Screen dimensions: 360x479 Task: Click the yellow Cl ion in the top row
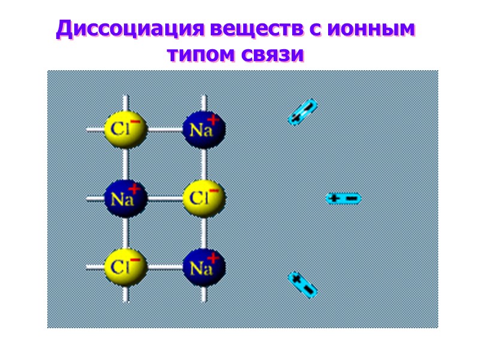pyautogui.click(x=125, y=128)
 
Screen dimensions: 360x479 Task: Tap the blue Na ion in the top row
pyautogui.click(x=204, y=128)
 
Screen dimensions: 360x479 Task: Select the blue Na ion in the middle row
pyautogui.click(x=125, y=197)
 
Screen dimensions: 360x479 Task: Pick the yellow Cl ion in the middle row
pyautogui.click(x=204, y=197)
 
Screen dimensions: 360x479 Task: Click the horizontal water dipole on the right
pyautogui.click(x=343, y=198)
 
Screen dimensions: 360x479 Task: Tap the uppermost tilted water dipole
pyautogui.click(x=303, y=112)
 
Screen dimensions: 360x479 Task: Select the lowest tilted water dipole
pyautogui.click(x=302, y=284)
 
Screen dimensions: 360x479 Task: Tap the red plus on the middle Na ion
pyautogui.click(x=135, y=190)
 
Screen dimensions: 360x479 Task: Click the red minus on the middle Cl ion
pyautogui.click(x=214, y=190)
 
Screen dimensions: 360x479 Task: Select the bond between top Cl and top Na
pyautogui.click(x=164, y=128)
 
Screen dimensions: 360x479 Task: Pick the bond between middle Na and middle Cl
pyautogui.click(x=164, y=197)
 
